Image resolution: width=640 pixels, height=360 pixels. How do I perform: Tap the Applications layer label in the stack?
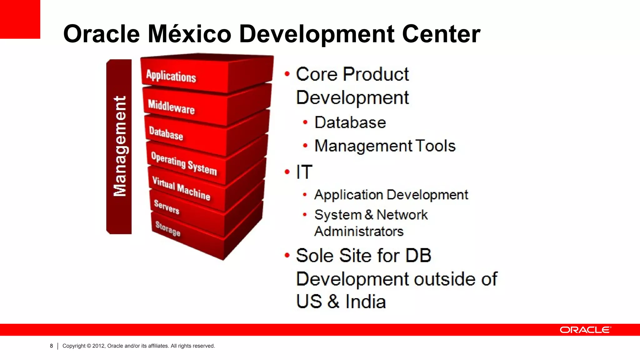pyautogui.click(x=171, y=76)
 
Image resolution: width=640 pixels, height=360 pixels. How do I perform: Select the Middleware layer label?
pyautogui.click(x=171, y=107)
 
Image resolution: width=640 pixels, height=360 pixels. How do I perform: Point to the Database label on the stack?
pyautogui.click(x=166, y=133)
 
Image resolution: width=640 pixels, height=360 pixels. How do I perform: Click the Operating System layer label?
pyautogui.click(x=184, y=163)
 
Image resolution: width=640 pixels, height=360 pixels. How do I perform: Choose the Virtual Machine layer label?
pyautogui.click(x=181, y=188)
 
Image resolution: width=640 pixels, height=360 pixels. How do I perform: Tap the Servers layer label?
pyautogui.click(x=167, y=207)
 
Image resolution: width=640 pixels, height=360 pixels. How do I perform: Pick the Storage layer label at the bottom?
pyautogui.click(x=168, y=229)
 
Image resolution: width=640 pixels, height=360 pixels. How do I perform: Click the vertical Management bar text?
pyautogui.click(x=120, y=146)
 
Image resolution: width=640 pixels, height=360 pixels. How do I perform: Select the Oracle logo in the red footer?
pyautogui.click(x=585, y=330)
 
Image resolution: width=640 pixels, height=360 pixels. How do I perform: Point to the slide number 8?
pyautogui.click(x=52, y=346)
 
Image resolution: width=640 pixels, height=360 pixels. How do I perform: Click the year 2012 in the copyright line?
pyautogui.click(x=98, y=346)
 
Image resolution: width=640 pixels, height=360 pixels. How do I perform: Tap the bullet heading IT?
pyautogui.click(x=304, y=172)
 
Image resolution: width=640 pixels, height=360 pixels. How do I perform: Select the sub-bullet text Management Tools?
pyautogui.click(x=385, y=146)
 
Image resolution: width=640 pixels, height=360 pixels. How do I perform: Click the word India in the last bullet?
pyautogui.click(x=366, y=302)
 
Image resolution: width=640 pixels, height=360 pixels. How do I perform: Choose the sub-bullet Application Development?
pyautogui.click(x=391, y=195)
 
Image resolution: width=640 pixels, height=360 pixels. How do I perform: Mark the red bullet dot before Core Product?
pyautogui.click(x=287, y=74)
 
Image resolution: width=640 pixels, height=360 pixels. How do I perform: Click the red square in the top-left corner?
pyautogui.click(x=20, y=19)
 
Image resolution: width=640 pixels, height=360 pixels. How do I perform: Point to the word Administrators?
pyautogui.click(x=359, y=232)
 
